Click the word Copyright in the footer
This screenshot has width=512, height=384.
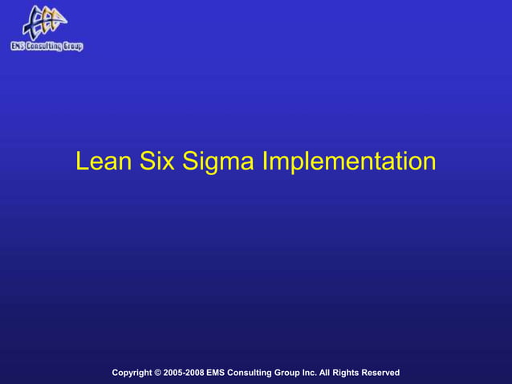tap(132, 373)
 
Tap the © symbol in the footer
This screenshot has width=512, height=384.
tap(158, 373)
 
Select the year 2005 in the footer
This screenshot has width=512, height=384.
tap(173, 373)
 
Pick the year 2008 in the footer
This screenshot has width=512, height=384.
tap(194, 373)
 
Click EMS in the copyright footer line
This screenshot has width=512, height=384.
tap(217, 373)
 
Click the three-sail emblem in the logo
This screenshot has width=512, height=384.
tap(44, 22)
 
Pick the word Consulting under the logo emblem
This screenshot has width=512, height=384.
tap(45, 46)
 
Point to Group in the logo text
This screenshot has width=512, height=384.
tap(72, 46)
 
